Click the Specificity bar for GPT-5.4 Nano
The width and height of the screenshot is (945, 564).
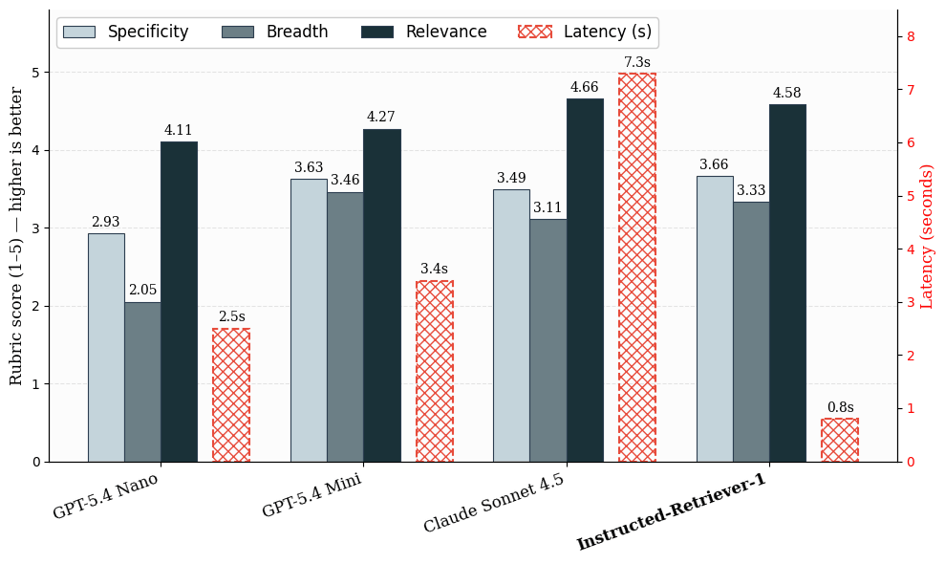click(106, 347)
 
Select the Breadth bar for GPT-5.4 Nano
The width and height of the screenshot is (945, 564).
click(142, 381)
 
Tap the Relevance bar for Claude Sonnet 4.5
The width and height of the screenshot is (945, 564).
click(585, 280)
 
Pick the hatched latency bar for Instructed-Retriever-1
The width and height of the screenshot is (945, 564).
click(840, 440)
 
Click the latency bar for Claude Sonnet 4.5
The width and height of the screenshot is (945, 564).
click(637, 268)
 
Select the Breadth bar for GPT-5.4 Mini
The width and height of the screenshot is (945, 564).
click(345, 327)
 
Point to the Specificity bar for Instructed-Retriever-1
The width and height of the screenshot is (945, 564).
click(715, 319)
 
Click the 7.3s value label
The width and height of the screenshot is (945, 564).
click(637, 62)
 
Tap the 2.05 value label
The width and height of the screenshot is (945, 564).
click(142, 290)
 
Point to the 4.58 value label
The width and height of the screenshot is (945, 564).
click(787, 93)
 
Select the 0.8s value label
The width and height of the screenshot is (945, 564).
click(840, 407)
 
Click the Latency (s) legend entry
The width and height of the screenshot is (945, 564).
click(585, 32)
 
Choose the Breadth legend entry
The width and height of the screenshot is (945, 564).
click(275, 32)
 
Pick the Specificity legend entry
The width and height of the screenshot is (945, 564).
click(126, 32)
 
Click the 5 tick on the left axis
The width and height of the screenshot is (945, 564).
click(36, 73)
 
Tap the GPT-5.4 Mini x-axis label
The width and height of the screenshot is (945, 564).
click(311, 495)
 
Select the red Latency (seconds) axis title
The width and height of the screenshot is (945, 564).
click(926, 236)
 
